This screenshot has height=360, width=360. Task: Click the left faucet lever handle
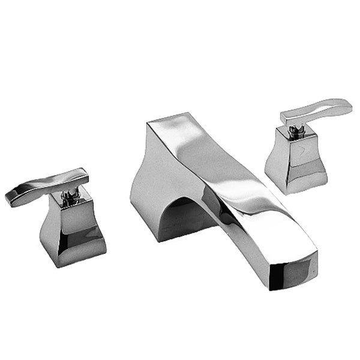tap(45, 187)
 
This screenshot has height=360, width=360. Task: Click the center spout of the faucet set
tap(228, 192)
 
